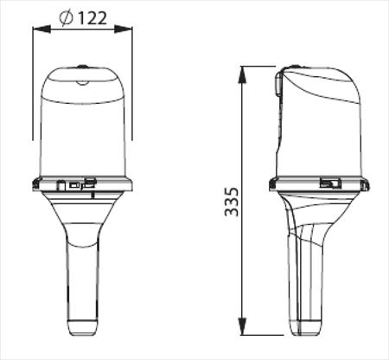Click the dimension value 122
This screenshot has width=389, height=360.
point(92,18)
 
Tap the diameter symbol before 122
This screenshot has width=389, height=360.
point(66,18)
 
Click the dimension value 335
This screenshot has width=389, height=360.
point(232,202)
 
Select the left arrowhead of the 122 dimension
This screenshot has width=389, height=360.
point(41,29)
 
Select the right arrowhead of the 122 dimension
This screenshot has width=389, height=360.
point(124,29)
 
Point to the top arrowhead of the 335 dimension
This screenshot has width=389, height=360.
point(243,75)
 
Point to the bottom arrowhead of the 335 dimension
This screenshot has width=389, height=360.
point(243,326)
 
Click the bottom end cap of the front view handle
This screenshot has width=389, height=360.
point(83,328)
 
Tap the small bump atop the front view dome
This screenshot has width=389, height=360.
point(83,66)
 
